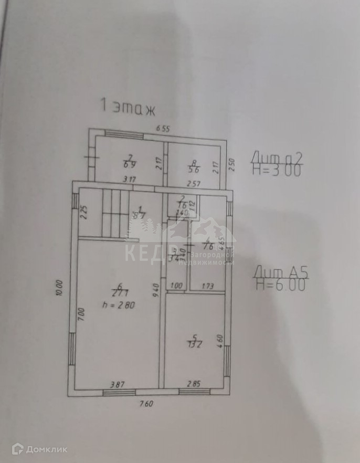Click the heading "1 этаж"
pyautogui.click(x=128, y=107)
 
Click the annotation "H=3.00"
pyautogui.click(x=277, y=171)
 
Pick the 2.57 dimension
pyautogui.click(x=195, y=182)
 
